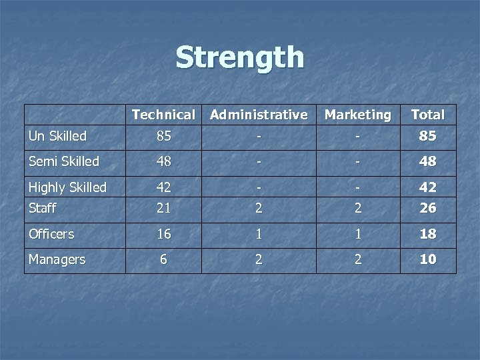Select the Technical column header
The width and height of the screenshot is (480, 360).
[163, 115]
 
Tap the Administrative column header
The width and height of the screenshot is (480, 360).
[259, 115]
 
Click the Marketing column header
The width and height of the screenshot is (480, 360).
[358, 115]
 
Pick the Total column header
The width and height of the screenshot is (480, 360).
[428, 115]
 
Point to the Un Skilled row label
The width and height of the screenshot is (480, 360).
[58, 136]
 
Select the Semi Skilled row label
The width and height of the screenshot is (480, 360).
[64, 161]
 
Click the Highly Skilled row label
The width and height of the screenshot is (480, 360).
[68, 187]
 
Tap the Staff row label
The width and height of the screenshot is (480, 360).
[43, 208]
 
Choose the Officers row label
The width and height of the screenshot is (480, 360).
[51, 234]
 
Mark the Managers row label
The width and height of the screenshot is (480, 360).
[57, 259]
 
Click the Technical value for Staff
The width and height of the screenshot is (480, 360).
[163, 208]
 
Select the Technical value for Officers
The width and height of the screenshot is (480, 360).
[163, 234]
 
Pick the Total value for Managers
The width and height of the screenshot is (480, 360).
[428, 259]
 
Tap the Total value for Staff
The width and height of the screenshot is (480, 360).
[428, 208]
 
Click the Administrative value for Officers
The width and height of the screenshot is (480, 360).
[259, 234]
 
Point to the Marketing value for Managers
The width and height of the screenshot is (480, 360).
[358, 259]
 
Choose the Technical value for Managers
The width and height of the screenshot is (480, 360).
[163, 259]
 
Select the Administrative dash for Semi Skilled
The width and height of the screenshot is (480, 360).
[259, 161]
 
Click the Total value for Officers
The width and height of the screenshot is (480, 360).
[428, 234]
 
